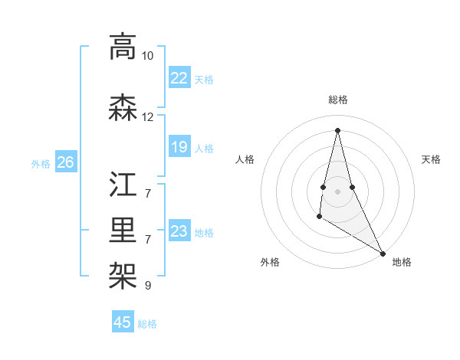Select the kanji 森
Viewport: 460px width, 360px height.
123,108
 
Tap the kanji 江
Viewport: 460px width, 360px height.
123,186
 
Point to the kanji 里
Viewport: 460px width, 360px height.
123,228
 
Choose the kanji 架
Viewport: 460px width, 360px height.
123,270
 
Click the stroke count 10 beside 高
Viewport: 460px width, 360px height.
148,56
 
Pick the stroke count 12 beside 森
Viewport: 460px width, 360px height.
148,117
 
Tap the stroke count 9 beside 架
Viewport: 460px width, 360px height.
148,286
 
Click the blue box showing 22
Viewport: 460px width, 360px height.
179,78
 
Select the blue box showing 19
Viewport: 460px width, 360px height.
179,147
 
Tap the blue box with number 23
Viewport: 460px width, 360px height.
179,231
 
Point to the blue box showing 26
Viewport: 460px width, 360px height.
66,162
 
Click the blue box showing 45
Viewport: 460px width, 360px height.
123,322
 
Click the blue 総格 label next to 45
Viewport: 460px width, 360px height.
148,324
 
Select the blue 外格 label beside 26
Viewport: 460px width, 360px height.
41,163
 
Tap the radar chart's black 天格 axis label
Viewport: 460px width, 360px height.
431,159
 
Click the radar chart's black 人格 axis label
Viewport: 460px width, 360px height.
245,159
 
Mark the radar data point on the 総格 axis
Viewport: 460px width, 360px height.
337,130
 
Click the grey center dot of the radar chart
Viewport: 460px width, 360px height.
337,191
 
